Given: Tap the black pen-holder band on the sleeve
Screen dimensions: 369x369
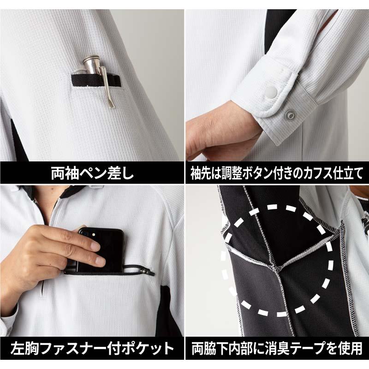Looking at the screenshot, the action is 96,80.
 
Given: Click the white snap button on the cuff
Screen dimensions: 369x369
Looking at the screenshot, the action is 271,91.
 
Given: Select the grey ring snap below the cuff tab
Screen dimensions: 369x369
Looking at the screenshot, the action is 290,115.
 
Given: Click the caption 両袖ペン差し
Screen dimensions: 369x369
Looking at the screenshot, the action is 92,173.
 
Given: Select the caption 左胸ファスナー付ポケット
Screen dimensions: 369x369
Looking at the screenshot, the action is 92,348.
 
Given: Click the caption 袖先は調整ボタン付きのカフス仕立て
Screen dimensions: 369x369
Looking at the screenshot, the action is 276,173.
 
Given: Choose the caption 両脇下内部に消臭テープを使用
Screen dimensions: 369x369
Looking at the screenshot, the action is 276,348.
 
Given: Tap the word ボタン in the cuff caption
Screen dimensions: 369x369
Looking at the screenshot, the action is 257,173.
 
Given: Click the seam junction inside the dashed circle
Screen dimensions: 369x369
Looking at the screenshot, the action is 279,268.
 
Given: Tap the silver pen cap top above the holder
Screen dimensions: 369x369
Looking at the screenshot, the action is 91,59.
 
